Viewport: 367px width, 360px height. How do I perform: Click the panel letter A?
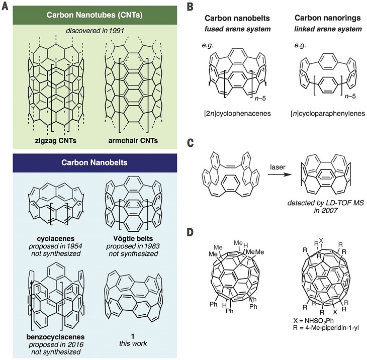5,7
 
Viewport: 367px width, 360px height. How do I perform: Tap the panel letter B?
190,7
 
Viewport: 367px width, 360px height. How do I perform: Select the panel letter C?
191,143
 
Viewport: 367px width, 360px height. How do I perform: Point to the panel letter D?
191,232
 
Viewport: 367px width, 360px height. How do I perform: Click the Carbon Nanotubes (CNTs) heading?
95,15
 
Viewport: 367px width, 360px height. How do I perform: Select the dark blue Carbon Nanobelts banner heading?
95,162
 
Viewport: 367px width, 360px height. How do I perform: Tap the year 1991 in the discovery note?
116,31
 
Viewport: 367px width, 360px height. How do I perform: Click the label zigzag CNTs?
56,141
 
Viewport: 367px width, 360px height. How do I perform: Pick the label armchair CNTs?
133,141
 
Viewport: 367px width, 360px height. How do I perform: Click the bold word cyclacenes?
56,239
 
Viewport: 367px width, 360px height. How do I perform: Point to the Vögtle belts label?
133,239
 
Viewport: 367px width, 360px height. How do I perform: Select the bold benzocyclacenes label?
55,337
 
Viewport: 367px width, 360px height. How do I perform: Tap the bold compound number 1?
133,336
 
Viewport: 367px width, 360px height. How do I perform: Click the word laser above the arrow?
278,167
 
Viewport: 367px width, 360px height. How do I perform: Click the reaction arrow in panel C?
279,174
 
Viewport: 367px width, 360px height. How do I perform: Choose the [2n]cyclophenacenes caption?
237,114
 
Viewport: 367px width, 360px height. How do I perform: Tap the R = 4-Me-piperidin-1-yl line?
326,328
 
